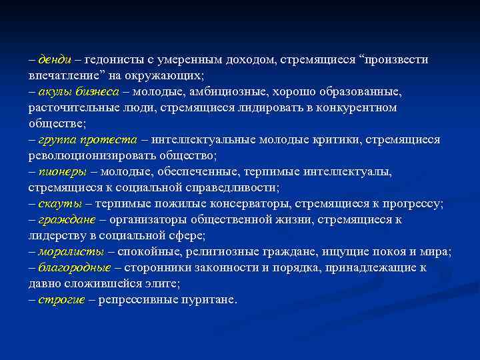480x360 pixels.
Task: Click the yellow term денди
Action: [x=53, y=59]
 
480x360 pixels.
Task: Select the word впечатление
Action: [x=59, y=75]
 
